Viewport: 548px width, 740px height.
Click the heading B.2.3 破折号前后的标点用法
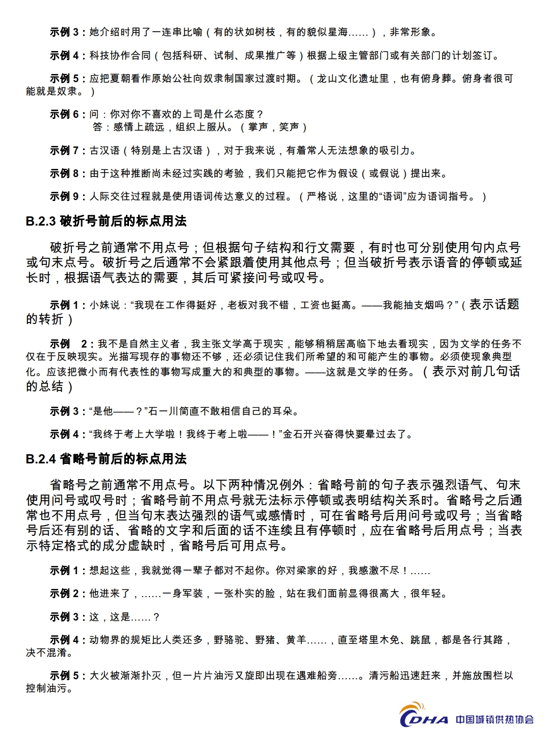106,221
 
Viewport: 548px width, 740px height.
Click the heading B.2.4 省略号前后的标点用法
106,459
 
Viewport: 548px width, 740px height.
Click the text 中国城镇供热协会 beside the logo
494,719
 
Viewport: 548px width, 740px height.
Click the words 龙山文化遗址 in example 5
352,79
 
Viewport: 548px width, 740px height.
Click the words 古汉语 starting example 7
105,151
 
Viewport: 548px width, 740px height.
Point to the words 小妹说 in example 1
105,305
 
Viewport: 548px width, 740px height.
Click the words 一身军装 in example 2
182,594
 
